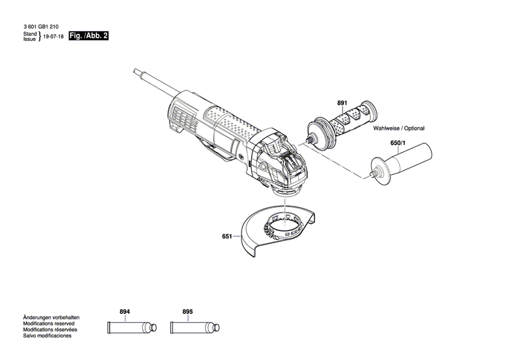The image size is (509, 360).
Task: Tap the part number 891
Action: pyautogui.click(x=342, y=103)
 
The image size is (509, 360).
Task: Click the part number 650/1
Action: pyautogui.click(x=397, y=143)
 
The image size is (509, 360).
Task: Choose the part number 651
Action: pyautogui.click(x=227, y=237)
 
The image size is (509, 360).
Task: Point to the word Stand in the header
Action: pyautogui.click(x=29, y=33)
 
